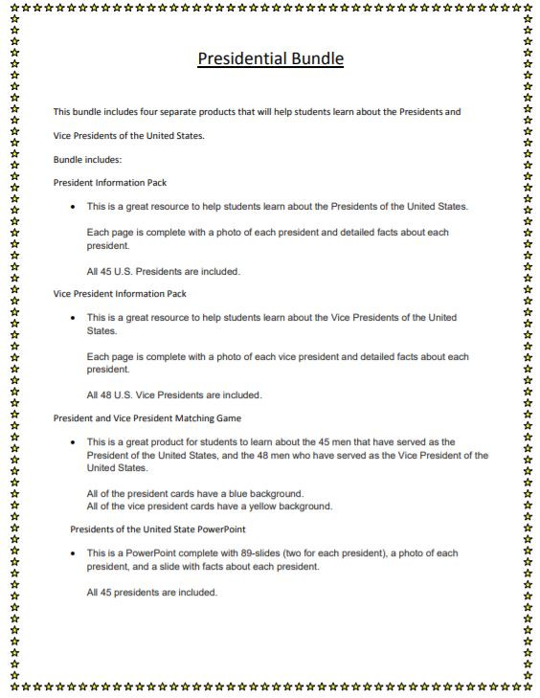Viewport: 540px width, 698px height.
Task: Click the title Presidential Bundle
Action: click(270, 59)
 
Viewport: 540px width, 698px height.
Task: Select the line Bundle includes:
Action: click(87, 159)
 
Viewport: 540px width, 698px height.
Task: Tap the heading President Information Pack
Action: click(110, 182)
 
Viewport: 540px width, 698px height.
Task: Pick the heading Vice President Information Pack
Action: click(120, 293)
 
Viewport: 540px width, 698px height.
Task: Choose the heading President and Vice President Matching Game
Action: click(146, 417)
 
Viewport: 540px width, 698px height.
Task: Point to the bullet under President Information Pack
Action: click(74, 207)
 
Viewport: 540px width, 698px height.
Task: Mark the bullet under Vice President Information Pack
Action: click(74, 317)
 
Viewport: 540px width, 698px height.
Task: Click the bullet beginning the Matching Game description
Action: click(74, 442)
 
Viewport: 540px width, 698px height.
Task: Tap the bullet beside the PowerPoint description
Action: click(74, 553)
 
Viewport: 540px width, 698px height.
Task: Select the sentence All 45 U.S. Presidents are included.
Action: click(163, 271)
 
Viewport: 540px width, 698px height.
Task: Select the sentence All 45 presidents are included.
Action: click(152, 592)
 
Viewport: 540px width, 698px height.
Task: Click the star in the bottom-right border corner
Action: click(529, 687)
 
